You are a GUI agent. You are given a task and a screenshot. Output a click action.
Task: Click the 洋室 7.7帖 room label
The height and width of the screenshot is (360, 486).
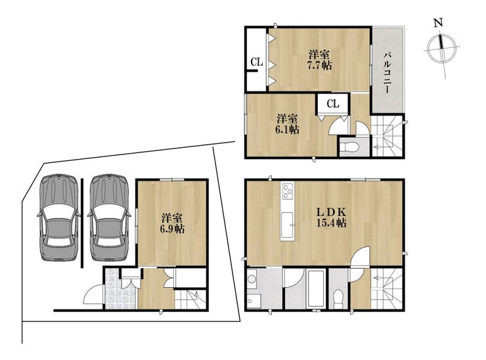click(320, 60)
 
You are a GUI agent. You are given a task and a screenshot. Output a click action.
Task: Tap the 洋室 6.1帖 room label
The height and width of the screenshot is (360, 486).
click(287, 124)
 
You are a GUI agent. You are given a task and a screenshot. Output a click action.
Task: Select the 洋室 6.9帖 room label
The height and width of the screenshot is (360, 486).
click(172, 223)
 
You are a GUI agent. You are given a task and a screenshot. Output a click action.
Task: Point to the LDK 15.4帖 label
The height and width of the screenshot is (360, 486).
click(332, 217)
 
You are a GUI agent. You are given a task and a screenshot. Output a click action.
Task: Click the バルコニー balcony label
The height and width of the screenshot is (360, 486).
click(387, 73)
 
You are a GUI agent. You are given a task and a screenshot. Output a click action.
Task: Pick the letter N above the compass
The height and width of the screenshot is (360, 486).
click(438, 23)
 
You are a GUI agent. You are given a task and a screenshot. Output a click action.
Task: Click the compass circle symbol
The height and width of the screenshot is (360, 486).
click(441, 48)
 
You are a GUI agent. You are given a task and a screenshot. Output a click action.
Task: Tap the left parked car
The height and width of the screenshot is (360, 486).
click(59, 217)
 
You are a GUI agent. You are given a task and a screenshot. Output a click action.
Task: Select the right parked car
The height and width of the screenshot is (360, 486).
click(109, 217)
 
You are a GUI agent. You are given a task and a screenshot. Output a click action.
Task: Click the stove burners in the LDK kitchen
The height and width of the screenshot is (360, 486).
click(288, 191)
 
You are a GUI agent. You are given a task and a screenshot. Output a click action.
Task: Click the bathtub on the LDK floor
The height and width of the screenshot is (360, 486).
click(315, 289)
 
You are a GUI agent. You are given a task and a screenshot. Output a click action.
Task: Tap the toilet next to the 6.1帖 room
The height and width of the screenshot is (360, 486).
click(349, 147)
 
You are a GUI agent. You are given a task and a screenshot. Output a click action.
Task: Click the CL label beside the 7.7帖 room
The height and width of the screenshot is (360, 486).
click(257, 62)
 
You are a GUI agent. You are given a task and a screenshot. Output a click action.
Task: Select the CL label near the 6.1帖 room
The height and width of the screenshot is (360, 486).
click(333, 104)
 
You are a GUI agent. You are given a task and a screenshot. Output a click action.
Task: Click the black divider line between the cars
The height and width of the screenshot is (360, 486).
click(82, 223)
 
